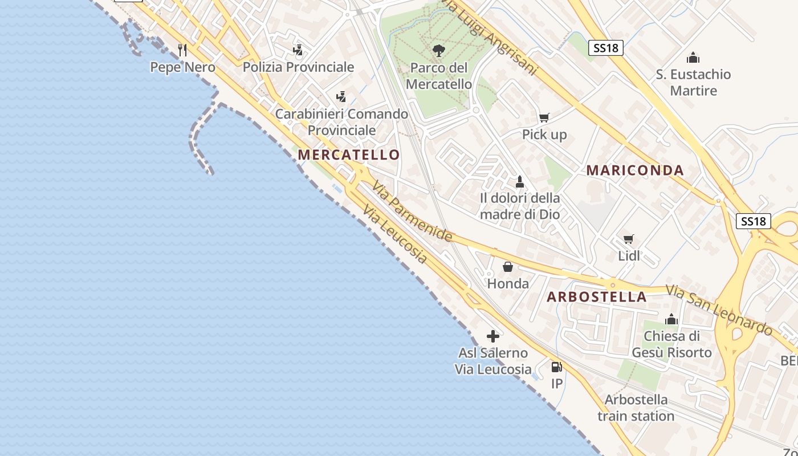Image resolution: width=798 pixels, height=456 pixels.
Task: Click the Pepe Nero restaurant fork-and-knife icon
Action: point(182,50)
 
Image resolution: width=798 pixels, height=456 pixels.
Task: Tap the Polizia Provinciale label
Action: point(298,67)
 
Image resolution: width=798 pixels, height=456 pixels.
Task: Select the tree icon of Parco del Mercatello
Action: point(438,51)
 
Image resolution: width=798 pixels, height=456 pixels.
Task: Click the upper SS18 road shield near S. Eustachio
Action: point(605,48)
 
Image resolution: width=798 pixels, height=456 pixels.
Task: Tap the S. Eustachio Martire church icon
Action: point(693,58)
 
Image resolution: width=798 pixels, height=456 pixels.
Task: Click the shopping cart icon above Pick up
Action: point(544,117)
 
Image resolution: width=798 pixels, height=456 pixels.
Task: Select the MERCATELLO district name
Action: point(348,154)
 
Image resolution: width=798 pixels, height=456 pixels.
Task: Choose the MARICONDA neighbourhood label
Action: point(635,170)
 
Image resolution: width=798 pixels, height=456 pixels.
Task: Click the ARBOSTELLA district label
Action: point(597,297)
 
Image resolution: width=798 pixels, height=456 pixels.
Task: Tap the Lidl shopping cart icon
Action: point(629,239)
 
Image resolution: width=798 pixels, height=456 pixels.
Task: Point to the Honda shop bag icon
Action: point(507,267)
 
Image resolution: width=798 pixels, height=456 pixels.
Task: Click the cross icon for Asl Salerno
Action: point(493,336)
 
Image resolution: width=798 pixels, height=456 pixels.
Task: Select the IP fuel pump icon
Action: point(556,367)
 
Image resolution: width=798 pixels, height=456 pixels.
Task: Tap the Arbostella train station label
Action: point(636,408)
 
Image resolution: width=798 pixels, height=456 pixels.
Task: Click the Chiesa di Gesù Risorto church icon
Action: point(671,319)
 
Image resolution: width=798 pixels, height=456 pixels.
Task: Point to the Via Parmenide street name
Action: point(413,211)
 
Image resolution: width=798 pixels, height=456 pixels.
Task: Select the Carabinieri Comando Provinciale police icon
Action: point(341,97)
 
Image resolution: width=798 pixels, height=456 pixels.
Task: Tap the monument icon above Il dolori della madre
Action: point(519,182)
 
